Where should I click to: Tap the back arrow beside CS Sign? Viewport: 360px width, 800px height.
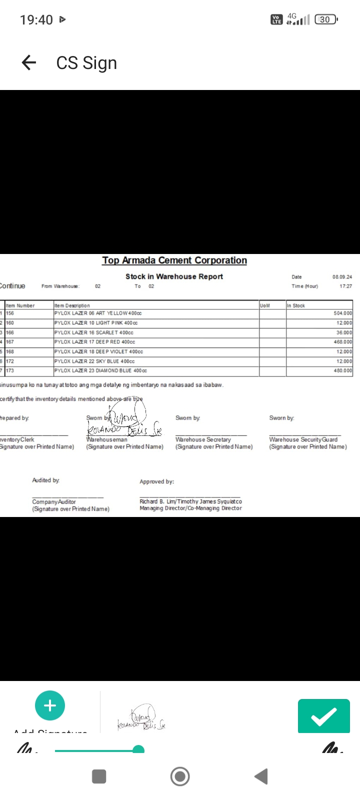coord(29,62)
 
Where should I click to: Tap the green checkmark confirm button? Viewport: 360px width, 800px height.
coord(323,716)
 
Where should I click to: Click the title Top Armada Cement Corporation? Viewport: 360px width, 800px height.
coord(174,260)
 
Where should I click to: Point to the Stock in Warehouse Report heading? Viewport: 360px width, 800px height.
coord(174,276)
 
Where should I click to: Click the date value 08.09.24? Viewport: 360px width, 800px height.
coord(342,277)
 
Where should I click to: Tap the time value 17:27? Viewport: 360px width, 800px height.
coord(345,286)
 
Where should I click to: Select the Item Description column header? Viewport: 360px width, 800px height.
coord(72,305)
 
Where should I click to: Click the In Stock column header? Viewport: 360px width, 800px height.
coord(296,305)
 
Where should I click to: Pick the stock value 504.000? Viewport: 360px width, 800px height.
coord(342,313)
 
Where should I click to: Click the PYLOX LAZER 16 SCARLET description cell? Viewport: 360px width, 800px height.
coord(94,332)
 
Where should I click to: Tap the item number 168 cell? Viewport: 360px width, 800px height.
coord(10,351)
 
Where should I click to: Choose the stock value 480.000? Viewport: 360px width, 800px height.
coord(342,371)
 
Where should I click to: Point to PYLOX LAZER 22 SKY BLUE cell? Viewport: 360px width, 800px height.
coord(94,361)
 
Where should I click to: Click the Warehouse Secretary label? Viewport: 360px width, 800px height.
coord(203,440)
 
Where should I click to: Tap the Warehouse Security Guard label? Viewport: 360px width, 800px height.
coord(303,440)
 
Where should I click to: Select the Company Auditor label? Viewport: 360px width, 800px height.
coord(54,502)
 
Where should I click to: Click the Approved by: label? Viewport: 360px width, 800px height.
coord(156,482)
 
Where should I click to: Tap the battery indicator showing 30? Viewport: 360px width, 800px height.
coord(325,19)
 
